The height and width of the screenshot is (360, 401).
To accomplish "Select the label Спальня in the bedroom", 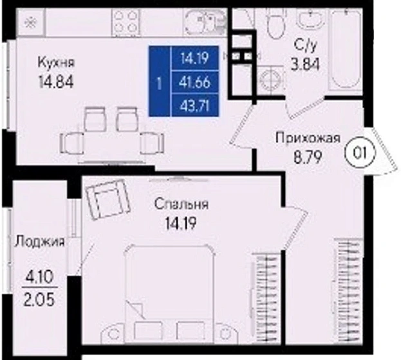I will (182, 205).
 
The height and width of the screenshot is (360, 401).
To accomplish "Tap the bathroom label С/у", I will (304, 45).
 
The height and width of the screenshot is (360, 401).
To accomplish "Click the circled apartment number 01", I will (357, 153).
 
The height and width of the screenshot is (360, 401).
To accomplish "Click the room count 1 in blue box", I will (159, 82).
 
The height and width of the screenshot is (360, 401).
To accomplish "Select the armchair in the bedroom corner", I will (107, 198).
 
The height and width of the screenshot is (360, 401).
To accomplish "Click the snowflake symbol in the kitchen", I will (28, 21).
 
